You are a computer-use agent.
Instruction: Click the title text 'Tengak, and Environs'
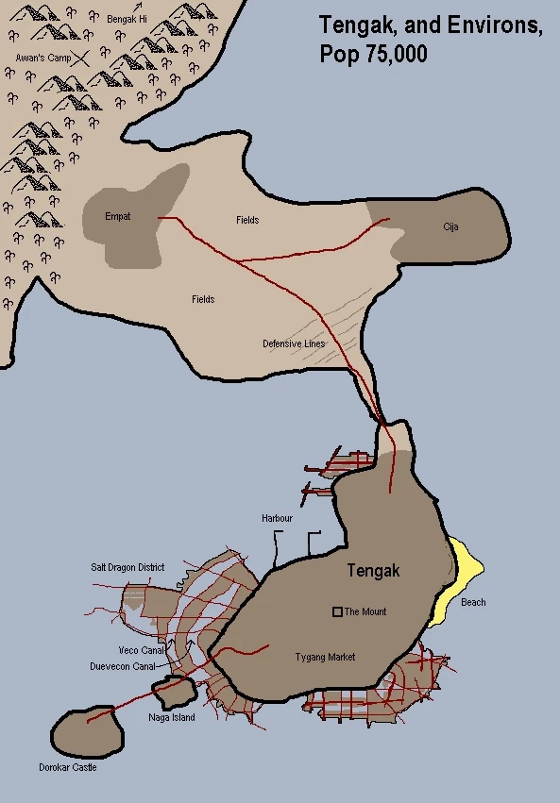click(x=431, y=25)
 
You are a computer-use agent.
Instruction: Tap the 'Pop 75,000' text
click(x=374, y=55)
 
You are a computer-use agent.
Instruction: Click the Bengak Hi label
click(x=127, y=18)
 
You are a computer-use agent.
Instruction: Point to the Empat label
click(x=118, y=217)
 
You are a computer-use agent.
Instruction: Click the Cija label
click(x=450, y=227)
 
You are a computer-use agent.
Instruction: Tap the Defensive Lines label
click(x=294, y=343)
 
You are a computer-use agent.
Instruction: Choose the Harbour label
click(x=278, y=519)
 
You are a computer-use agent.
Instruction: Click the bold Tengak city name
click(x=373, y=571)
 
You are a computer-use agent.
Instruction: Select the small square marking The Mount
click(x=337, y=611)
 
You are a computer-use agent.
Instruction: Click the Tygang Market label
click(x=325, y=657)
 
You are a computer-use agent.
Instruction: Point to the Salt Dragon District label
click(x=127, y=567)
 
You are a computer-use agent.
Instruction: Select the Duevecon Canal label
click(x=123, y=665)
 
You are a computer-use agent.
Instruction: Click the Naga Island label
click(x=172, y=718)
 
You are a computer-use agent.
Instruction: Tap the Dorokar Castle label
click(x=68, y=767)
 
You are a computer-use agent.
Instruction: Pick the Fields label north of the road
click(x=247, y=220)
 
